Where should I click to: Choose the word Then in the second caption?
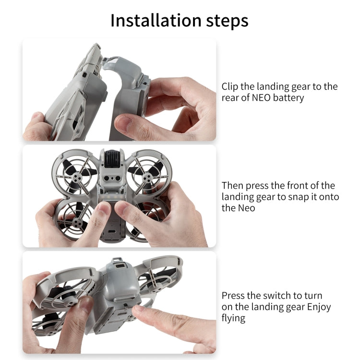[x=232, y=186]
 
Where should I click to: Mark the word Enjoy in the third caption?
[x=317, y=307]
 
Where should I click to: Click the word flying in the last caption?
[x=233, y=318]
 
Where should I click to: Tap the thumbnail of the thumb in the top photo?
[x=126, y=124]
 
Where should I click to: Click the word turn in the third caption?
[x=312, y=296]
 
